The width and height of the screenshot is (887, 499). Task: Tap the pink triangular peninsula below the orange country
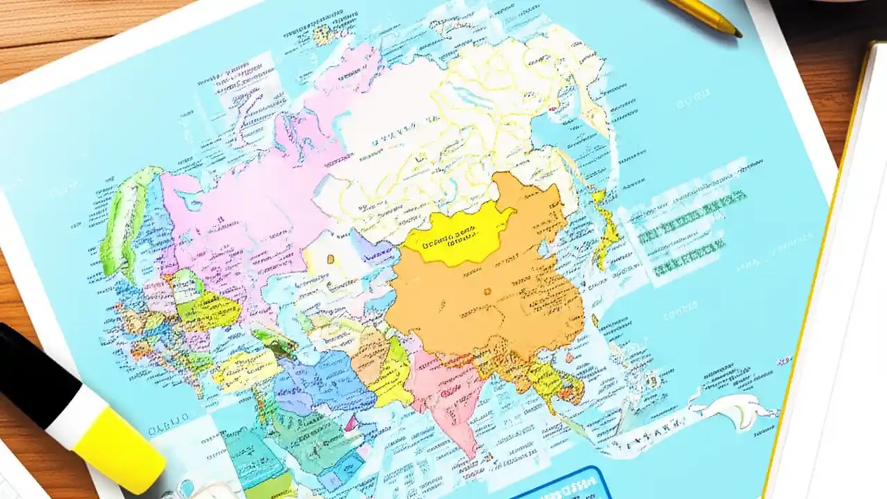coord(443,395)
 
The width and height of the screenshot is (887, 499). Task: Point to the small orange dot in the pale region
coord(331,259)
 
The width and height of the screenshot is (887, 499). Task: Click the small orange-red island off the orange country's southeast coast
coord(570,358)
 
